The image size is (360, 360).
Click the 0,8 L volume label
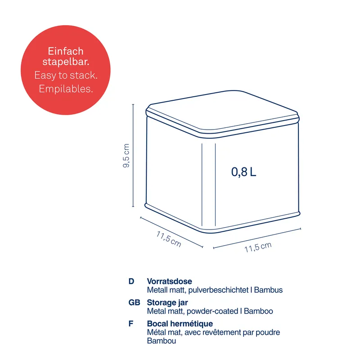point(243,171)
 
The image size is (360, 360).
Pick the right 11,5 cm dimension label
point(258,247)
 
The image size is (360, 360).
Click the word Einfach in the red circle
point(66,51)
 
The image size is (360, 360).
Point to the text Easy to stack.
point(66,75)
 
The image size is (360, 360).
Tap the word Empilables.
point(66,89)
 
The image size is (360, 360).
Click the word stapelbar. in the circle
point(66,62)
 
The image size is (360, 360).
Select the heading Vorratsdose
point(169,282)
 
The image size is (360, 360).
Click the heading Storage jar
point(167,302)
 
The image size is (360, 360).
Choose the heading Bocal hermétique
point(180,324)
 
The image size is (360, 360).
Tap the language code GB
point(134,302)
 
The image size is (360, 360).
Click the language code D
point(131,282)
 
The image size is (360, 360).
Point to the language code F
point(130,324)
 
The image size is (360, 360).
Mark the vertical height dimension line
point(133,156)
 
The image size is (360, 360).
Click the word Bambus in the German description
point(268,290)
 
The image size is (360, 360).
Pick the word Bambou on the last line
point(161,341)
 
